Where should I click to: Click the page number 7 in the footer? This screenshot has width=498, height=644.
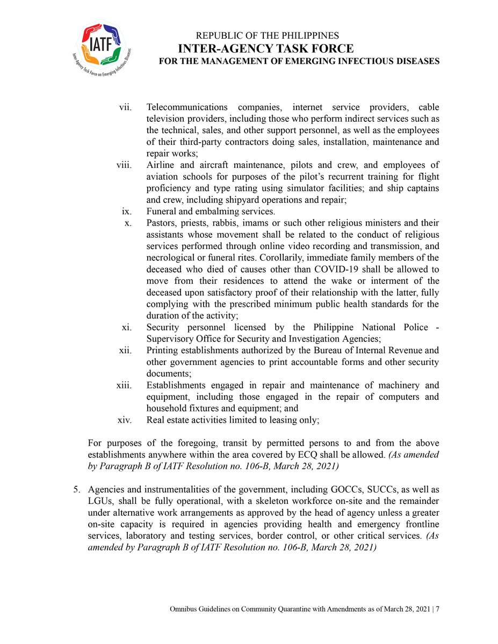click(437, 610)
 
